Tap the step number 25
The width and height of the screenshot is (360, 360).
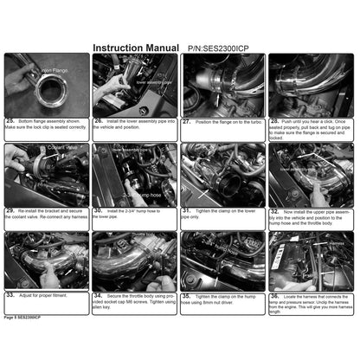coord(10,121)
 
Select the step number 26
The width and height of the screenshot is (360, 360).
coord(98,121)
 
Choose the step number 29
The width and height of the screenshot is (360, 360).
coord(10,209)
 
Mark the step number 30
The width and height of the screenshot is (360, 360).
coord(98,209)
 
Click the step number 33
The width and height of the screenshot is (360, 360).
coord(10,294)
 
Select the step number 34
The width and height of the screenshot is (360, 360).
coord(98,294)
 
